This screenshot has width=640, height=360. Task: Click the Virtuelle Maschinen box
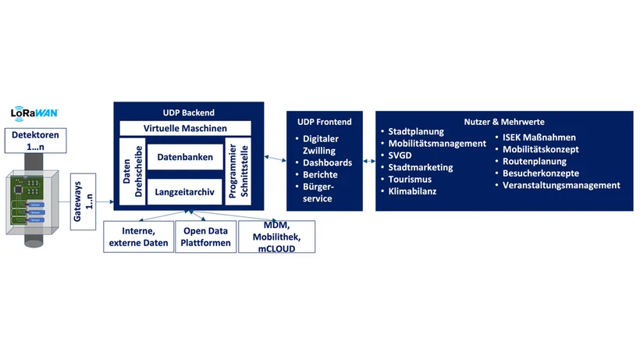pos(185,128)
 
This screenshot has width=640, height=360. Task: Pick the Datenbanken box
pos(185,158)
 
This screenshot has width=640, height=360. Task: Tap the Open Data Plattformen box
pos(207,237)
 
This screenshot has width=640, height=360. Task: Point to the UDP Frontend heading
pos(325,122)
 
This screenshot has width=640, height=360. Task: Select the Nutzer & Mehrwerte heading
pos(503,122)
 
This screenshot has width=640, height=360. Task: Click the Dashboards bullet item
pos(328,162)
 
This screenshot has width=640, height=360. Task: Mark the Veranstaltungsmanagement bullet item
pos(561,185)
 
